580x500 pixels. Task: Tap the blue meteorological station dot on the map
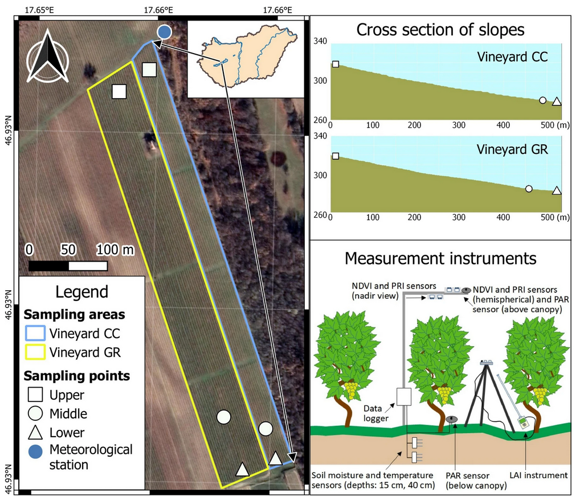164,32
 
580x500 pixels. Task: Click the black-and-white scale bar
68,266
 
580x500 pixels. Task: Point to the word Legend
81,292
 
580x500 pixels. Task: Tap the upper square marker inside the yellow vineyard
119,91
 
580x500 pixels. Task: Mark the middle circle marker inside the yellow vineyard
223,417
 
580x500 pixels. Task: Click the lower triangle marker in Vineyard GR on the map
243,469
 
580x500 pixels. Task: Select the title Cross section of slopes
440,30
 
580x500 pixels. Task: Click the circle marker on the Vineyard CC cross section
542,100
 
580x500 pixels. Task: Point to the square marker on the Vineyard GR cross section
336,156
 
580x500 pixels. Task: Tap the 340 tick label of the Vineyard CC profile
320,41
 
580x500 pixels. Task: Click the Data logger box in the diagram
404,397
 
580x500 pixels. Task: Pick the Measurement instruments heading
440,258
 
